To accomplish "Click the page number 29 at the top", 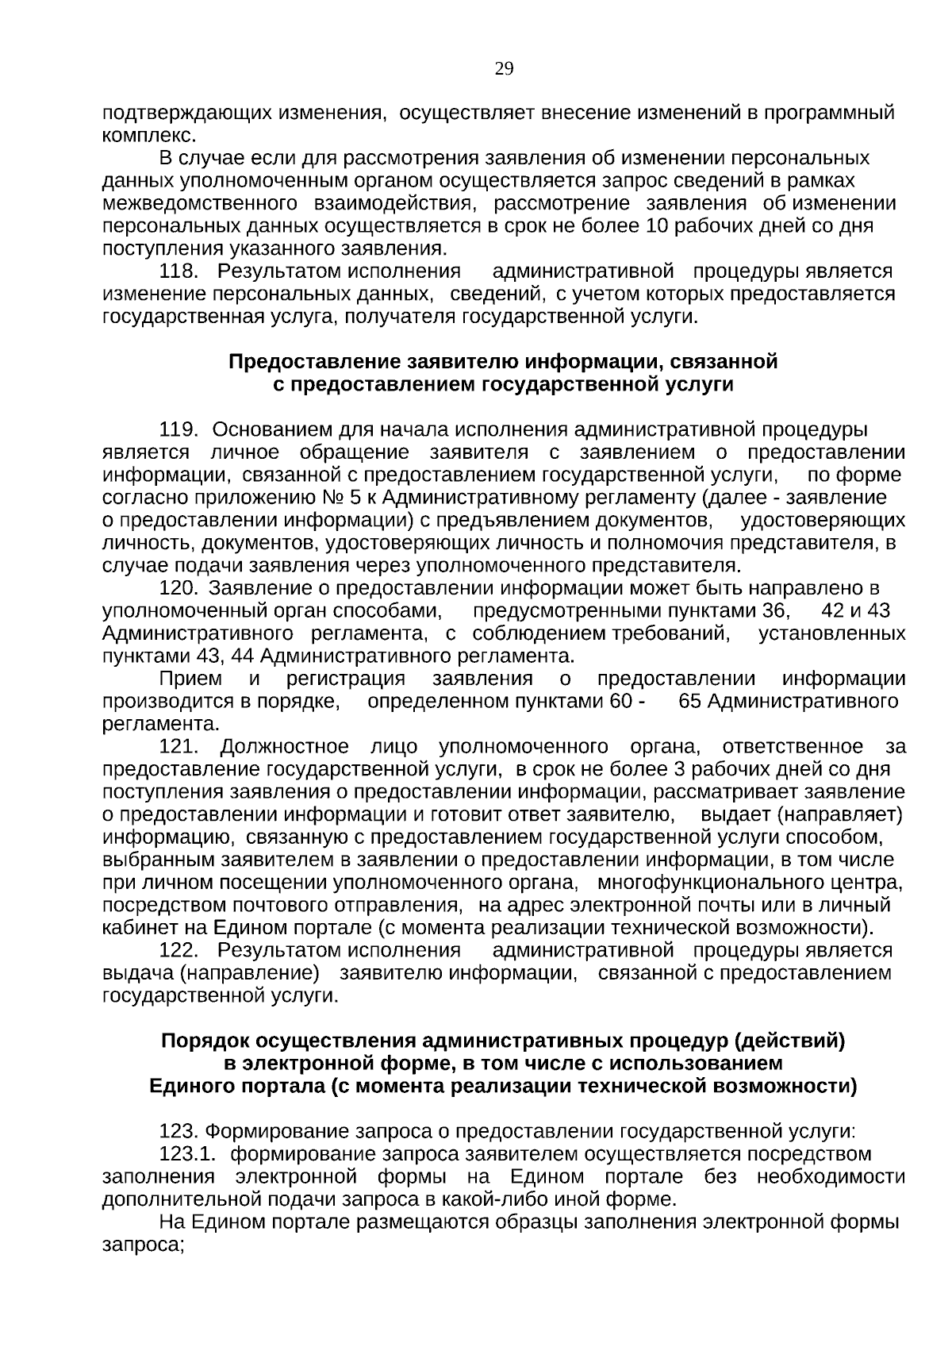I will [x=504, y=69].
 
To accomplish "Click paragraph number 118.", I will [x=178, y=271].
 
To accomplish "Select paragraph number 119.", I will [x=178, y=430].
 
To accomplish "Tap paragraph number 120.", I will [x=178, y=589].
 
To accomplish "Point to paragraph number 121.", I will [x=178, y=747].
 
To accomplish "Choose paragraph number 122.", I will [x=178, y=951].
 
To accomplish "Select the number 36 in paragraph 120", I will [x=774, y=611].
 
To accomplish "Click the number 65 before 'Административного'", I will [x=692, y=702].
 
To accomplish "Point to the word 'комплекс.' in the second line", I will [x=149, y=136].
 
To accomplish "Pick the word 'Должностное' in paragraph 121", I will [x=284, y=747].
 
